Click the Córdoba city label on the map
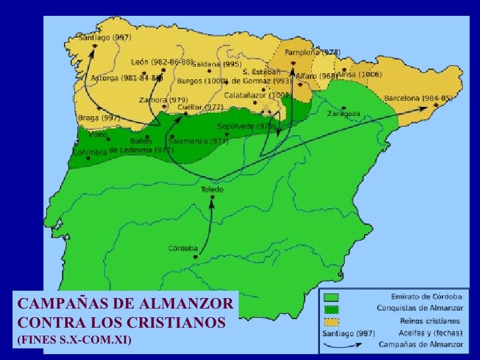183,249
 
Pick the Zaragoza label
344,113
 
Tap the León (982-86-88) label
162,62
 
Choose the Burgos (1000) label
203,81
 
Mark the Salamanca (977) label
198,141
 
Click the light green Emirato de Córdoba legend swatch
332,297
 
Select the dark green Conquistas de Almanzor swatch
332,309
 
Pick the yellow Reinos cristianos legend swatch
332,321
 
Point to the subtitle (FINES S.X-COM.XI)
74,340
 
